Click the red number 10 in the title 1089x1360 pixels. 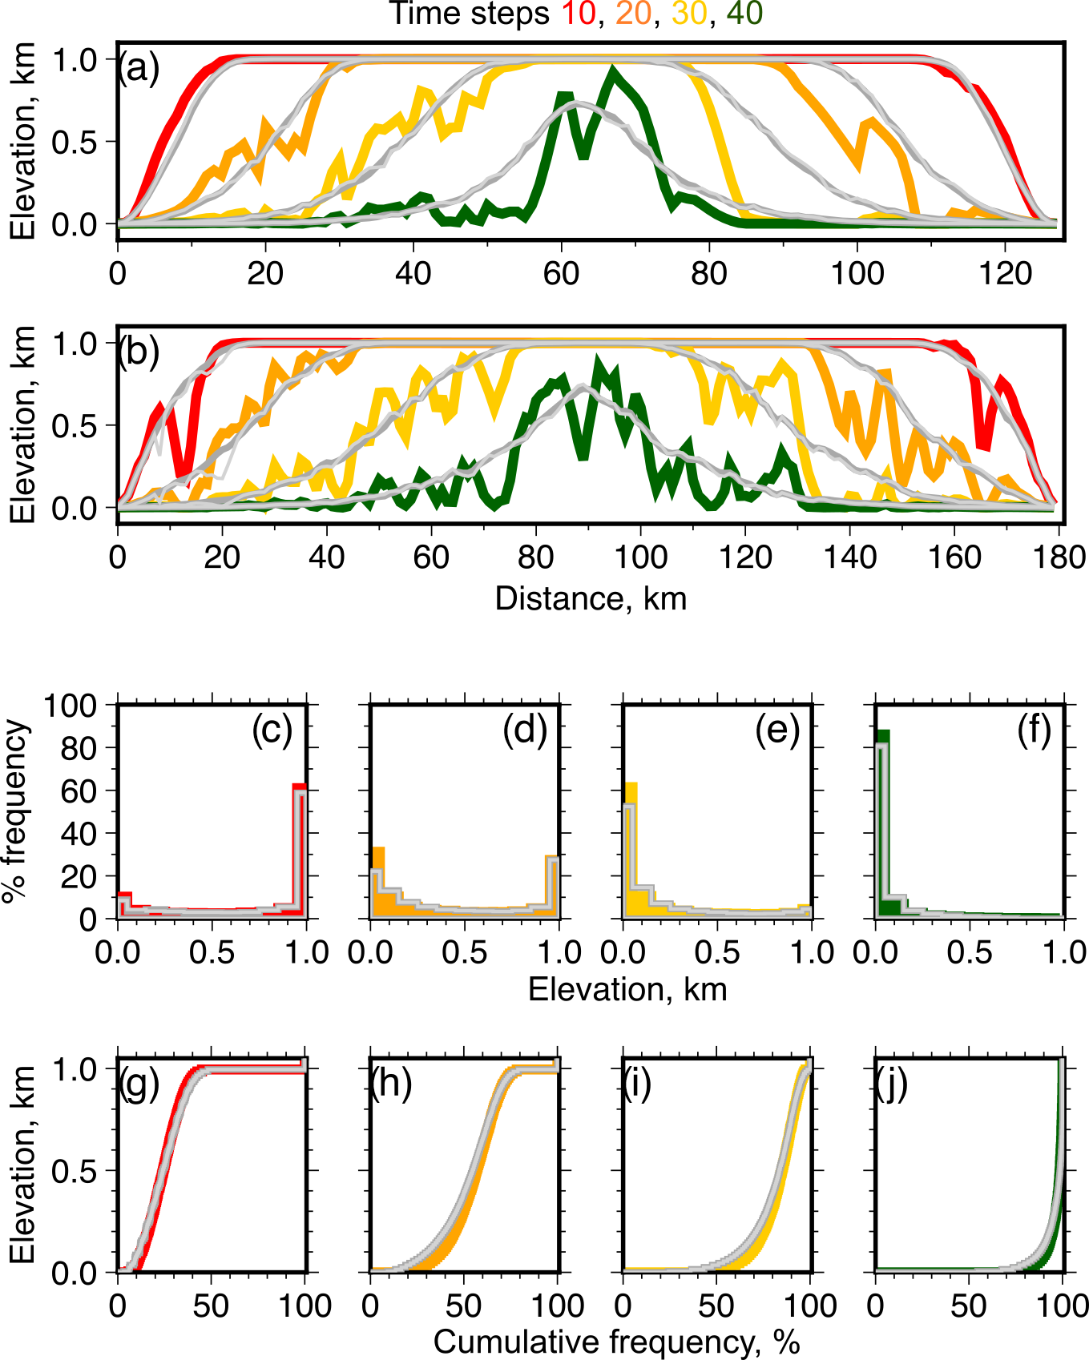[579, 14]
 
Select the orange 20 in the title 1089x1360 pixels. [634, 14]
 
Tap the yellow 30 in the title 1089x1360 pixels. [689, 14]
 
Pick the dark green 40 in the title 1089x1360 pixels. [744, 14]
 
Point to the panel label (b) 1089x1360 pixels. [139, 352]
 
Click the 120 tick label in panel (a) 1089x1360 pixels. [1005, 274]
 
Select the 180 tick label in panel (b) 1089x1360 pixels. [1059, 557]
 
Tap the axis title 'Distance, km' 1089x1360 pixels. [591, 599]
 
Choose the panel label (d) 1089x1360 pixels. [525, 730]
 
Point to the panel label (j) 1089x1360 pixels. [892, 1084]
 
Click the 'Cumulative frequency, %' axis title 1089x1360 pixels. [616, 1342]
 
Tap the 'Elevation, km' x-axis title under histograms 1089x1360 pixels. [627, 990]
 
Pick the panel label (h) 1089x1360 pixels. [391, 1084]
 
